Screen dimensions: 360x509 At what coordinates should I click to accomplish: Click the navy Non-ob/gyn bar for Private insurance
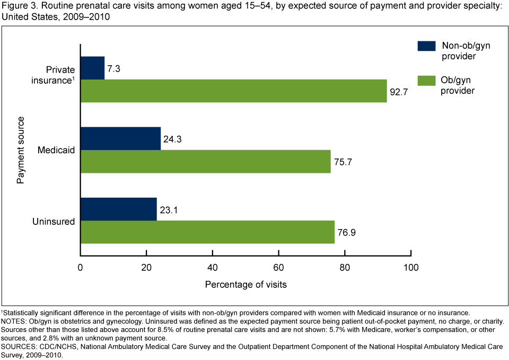click(x=93, y=67)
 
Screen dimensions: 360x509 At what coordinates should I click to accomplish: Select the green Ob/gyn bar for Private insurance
click(x=233, y=91)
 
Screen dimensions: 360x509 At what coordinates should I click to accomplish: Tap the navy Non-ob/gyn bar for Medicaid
click(x=120, y=138)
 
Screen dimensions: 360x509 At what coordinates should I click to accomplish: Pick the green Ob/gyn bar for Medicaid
click(x=205, y=162)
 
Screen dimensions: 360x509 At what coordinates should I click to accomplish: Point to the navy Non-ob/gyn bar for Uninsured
click(x=119, y=209)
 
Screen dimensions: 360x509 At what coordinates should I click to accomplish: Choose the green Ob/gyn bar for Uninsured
click(x=207, y=232)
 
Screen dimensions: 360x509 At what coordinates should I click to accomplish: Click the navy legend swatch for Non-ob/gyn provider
click(x=426, y=46)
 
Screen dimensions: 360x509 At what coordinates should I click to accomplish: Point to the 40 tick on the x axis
click(x=213, y=267)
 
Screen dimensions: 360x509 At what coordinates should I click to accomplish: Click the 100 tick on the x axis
click(x=411, y=267)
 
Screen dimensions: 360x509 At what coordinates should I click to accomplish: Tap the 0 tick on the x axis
click(x=81, y=267)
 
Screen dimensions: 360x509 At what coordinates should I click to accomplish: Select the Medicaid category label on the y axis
click(x=56, y=151)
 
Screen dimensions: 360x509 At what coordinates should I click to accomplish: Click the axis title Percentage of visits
click(x=246, y=285)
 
